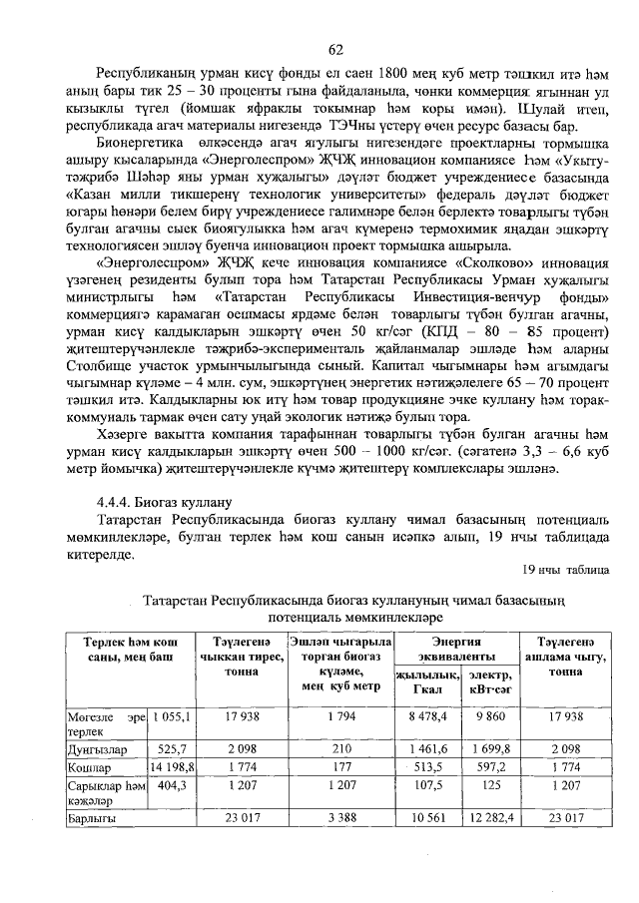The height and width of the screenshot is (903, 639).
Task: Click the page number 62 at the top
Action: (x=336, y=50)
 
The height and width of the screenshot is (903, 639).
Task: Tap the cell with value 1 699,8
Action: (x=489, y=747)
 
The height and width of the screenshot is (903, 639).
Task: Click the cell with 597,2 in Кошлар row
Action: (x=489, y=766)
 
